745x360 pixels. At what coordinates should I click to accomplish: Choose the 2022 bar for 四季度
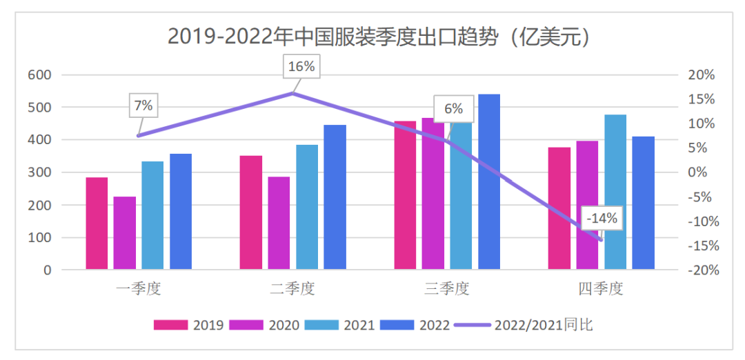(x=644, y=203)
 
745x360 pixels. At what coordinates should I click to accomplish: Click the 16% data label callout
(x=301, y=67)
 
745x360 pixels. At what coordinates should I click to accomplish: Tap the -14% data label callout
(x=602, y=218)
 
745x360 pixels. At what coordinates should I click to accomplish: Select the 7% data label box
(x=143, y=106)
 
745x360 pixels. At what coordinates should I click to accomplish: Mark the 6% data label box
(x=453, y=109)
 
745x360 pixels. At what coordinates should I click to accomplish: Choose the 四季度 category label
(x=601, y=289)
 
